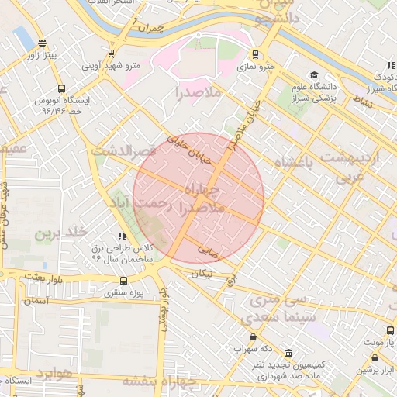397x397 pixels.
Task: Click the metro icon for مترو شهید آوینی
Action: tap(112, 54)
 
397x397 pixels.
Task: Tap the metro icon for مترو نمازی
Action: tap(256, 54)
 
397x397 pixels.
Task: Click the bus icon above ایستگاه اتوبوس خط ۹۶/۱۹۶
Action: tap(62, 88)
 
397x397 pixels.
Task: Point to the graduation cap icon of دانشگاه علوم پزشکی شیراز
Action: tap(314, 75)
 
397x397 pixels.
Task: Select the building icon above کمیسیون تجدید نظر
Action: tap(289, 352)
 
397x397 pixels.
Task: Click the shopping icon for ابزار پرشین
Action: tap(376, 358)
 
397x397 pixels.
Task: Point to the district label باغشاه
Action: tap(297, 163)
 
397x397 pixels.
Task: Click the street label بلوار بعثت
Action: tap(30, 275)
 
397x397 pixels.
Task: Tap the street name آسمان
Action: tap(36, 300)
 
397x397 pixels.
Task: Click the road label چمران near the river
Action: tap(150, 29)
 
